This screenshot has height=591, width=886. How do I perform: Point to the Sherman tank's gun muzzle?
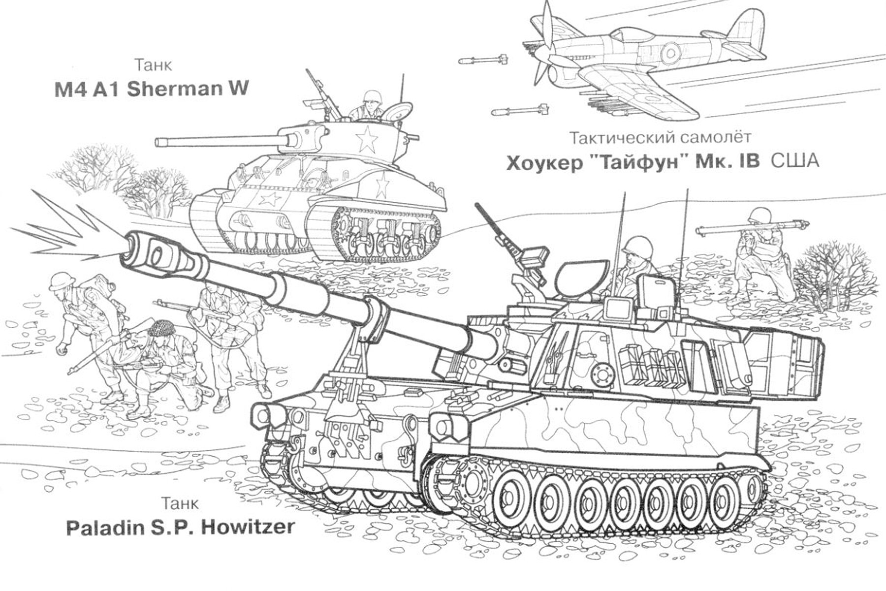pos(159,142)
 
